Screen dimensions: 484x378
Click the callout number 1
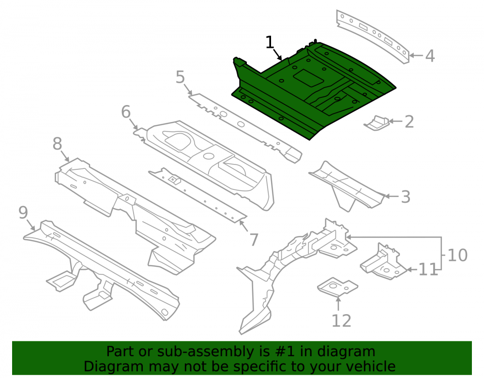tap(270, 42)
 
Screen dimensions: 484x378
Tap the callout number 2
tap(409, 121)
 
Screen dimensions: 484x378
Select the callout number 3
tap(406, 197)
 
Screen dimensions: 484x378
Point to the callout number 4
tap(430, 56)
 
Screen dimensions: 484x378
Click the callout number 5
tap(180, 77)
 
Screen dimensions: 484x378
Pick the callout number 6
tap(126, 112)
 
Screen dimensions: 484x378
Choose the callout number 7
tap(254, 240)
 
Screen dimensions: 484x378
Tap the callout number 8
tap(57, 144)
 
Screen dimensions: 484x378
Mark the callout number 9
tap(23, 212)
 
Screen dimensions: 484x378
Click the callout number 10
tap(457, 255)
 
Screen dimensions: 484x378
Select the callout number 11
tap(428, 270)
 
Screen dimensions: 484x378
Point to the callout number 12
tap(341, 321)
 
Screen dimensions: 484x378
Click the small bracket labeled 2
tap(376, 123)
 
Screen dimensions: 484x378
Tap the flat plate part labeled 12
tap(337, 287)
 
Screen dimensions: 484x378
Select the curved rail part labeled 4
tap(373, 36)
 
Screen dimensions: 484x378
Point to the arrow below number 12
tap(338, 303)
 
